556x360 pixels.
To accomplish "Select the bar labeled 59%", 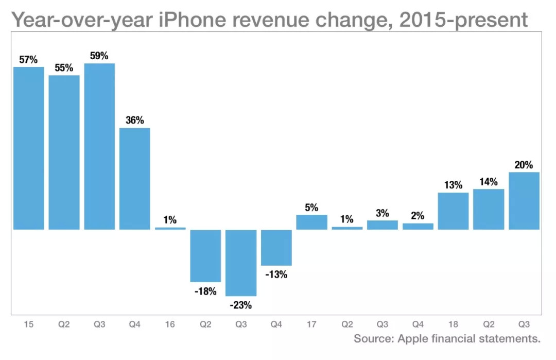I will pyautogui.click(x=99, y=146).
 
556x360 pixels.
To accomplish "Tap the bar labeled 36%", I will pyautogui.click(x=135, y=178).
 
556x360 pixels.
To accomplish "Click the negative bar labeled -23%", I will pyautogui.click(x=241, y=263).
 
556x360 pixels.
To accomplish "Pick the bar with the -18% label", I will pyautogui.click(x=205, y=255).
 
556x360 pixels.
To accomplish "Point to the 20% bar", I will pyautogui.click(x=524, y=200).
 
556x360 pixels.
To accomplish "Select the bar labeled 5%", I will pyautogui.click(x=311, y=222).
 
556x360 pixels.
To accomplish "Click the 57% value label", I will pyautogui.click(x=28, y=60).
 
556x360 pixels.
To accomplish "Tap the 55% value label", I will pyautogui.click(x=64, y=68).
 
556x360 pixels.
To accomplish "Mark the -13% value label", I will pyautogui.click(x=276, y=275).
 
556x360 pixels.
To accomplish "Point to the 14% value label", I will pyautogui.click(x=489, y=182).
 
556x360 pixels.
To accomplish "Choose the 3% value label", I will pyautogui.click(x=382, y=213).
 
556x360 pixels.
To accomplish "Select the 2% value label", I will pyautogui.click(x=418, y=216).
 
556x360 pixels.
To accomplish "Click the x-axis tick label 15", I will pyautogui.click(x=28, y=324).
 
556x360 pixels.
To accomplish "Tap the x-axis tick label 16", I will pyautogui.click(x=170, y=324).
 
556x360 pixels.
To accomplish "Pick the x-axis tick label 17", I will pyautogui.click(x=311, y=324).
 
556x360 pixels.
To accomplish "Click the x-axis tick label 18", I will pyautogui.click(x=453, y=324).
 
